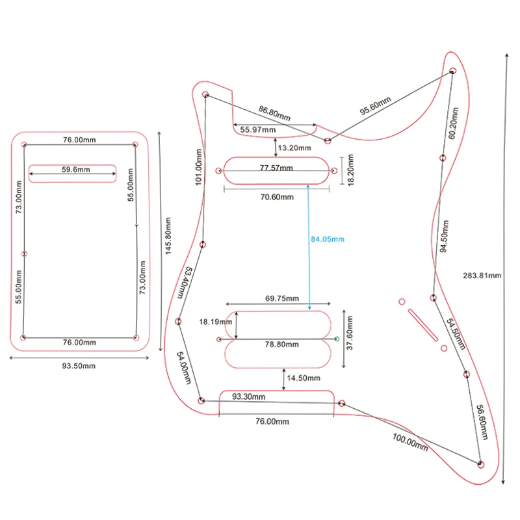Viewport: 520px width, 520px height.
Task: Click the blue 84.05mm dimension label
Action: tap(327, 239)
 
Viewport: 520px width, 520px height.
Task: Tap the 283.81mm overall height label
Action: tap(482, 275)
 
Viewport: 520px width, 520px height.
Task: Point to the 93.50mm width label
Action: tap(79, 366)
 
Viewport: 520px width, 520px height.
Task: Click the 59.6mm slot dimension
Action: tap(76, 170)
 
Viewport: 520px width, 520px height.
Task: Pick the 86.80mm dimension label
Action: tap(275, 113)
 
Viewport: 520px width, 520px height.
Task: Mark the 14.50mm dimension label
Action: tap(304, 378)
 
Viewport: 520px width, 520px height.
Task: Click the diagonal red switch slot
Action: tap(422, 322)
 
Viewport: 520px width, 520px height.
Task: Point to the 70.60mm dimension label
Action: tap(277, 198)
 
